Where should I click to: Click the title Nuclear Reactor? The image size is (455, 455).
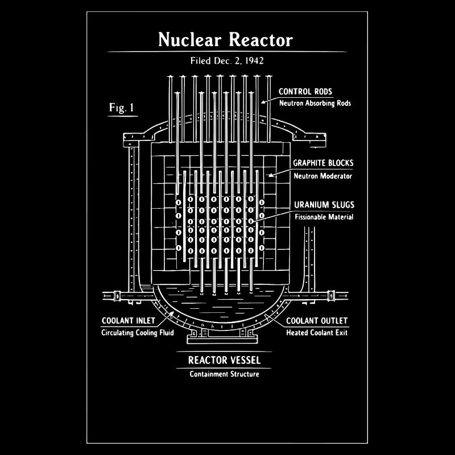pos(225,40)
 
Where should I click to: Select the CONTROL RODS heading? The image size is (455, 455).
pos(305,92)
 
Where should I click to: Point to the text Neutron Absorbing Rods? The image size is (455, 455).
pos(315,104)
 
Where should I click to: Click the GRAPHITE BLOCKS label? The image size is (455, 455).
pos(322,163)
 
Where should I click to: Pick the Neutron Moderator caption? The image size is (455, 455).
pos(322,176)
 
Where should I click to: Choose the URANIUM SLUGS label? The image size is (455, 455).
pos(324,205)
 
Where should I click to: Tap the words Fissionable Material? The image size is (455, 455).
pos(324,217)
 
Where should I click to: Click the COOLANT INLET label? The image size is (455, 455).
pos(129,321)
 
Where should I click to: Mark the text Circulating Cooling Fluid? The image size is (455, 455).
pos(137,333)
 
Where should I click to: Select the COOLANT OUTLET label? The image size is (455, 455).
pos(316,321)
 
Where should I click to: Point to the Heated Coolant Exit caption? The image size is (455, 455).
pos(316,333)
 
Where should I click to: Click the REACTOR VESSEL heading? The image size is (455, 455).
pos(224,360)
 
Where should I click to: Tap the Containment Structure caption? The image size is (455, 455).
pos(224,374)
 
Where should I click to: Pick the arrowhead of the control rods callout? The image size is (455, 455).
pos(263,102)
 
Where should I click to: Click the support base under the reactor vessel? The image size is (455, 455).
pos(224,339)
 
